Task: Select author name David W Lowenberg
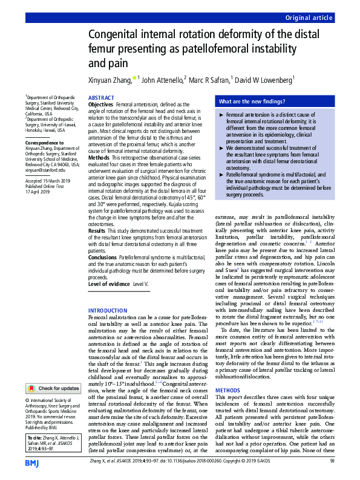(x=264, y=79)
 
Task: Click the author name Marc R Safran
(x=210, y=79)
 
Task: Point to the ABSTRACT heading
(x=101, y=97)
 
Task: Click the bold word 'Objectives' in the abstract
(x=101, y=105)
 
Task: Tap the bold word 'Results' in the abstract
(x=97, y=231)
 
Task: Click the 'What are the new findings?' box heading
(x=252, y=102)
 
